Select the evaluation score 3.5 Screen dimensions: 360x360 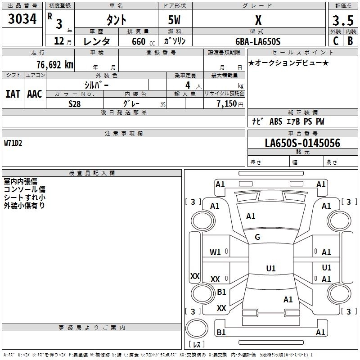coord(342,20)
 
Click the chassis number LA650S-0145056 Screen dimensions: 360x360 coord(302,143)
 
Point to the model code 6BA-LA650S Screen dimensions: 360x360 coord(258,41)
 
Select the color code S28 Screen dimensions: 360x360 coord(74,103)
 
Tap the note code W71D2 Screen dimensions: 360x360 coord(13,143)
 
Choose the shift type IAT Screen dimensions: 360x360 coord(13,94)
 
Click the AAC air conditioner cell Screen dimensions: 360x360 coord(35,94)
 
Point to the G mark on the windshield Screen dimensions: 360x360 coord(257,237)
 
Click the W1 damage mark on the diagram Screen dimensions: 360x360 coord(215,252)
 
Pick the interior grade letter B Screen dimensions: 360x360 coord(350,41)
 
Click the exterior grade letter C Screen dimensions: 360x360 coord(335,41)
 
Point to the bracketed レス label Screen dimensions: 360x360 coord(196,345)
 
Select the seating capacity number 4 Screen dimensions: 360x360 coord(187,85)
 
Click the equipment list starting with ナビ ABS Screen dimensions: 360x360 coord(288,121)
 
